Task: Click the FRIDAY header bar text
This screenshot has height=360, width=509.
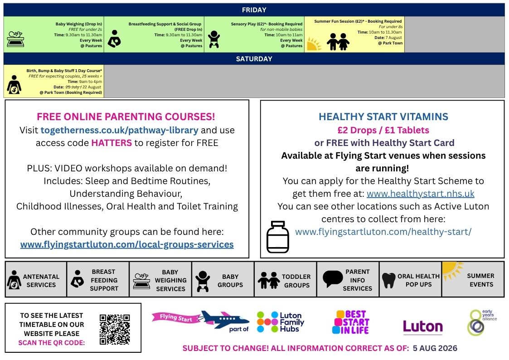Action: pyautogui.click(x=254, y=10)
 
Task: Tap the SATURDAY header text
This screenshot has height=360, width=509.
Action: pyautogui.click(x=254, y=59)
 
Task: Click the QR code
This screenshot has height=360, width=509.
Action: pyautogui.click(x=115, y=329)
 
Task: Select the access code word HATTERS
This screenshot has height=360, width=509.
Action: pyautogui.click(x=111, y=143)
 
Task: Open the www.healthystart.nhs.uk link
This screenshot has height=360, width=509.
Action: pyautogui.click(x=420, y=194)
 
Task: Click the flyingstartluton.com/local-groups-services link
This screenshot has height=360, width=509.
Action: pyautogui.click(x=127, y=244)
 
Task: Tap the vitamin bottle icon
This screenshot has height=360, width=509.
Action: pyautogui.click(x=277, y=237)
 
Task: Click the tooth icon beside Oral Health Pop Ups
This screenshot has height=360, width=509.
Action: pyautogui.click(x=388, y=280)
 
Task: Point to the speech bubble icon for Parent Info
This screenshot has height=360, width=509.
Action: pyautogui.click(x=333, y=278)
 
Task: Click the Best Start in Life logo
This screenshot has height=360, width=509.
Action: pyautogui.click(x=351, y=322)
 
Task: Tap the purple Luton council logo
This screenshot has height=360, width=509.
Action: pyautogui.click(x=422, y=326)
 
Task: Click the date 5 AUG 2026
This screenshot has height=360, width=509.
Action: pyautogui.click(x=435, y=348)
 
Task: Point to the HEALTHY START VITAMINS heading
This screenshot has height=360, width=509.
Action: pyautogui.click(x=383, y=117)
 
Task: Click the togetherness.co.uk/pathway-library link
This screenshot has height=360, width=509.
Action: pyautogui.click(x=120, y=130)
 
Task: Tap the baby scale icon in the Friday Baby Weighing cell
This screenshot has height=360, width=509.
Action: pyautogui.click(x=15, y=39)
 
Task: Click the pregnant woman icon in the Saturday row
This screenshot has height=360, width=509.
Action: pyautogui.click(x=14, y=85)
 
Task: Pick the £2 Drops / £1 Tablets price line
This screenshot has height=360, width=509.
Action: pyautogui.click(x=383, y=130)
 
